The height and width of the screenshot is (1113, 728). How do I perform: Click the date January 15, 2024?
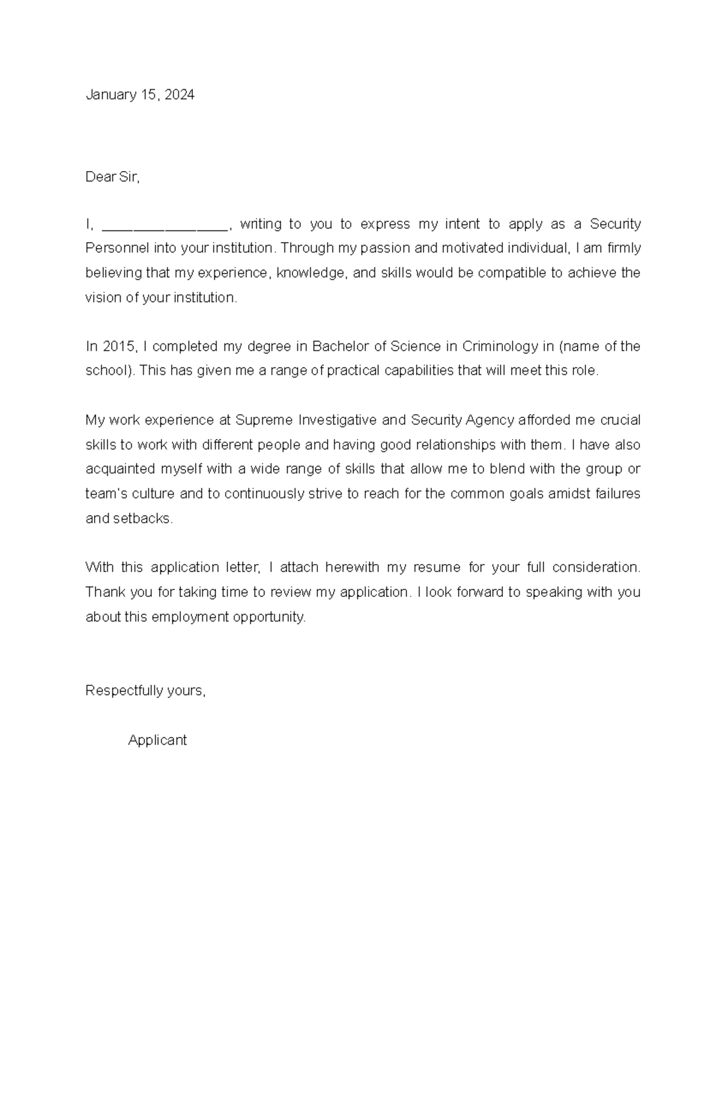point(140,95)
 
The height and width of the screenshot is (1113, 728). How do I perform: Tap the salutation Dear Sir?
point(112,177)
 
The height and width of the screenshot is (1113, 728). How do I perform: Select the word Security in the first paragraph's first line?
point(615,224)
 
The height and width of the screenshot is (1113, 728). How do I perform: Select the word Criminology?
point(500,346)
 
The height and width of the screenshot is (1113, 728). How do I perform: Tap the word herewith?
point(352,568)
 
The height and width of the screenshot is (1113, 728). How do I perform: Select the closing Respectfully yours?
point(146,691)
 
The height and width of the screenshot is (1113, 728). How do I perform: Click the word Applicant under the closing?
point(157,740)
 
